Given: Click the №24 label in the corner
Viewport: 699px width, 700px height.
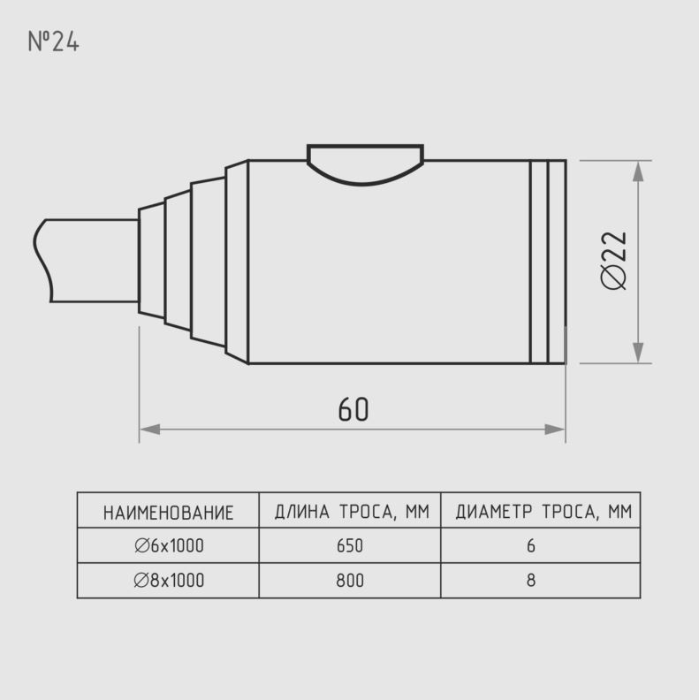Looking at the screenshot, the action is pos(54,42).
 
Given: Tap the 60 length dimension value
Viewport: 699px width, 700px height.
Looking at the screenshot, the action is pos(353,409).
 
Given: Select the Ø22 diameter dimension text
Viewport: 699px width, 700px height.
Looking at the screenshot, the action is pos(613,260).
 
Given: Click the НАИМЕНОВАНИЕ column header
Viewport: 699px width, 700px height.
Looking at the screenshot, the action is pos(168,513).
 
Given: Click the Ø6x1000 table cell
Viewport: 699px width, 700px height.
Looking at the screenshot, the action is pos(169,545).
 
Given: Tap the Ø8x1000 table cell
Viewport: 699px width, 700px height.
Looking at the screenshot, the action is pos(169,581).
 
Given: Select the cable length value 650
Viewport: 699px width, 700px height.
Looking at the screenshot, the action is pos(350,545).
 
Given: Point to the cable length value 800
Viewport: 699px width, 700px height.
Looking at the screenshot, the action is pos(350,581).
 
